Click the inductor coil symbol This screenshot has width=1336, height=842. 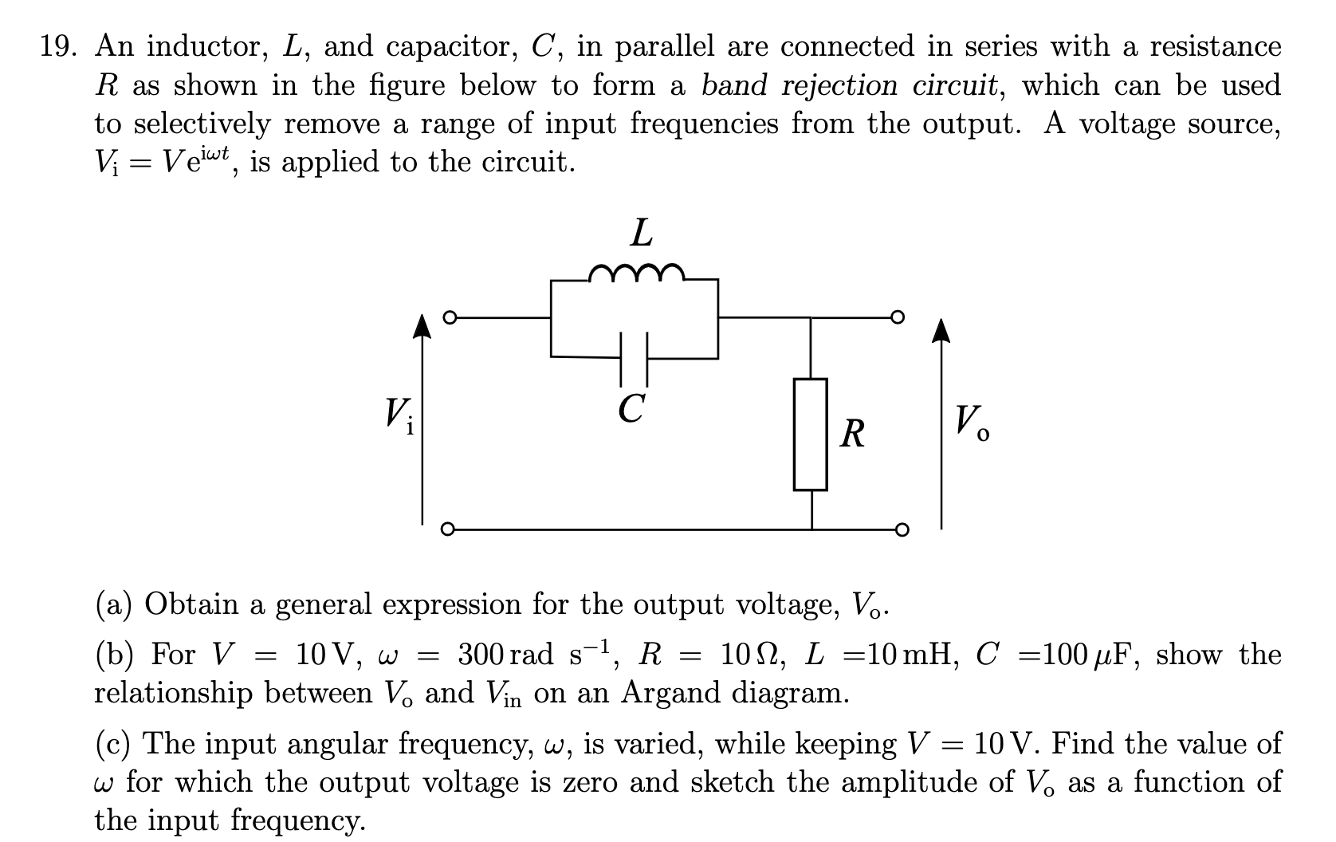click(635, 273)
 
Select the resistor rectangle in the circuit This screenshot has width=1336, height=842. click(810, 434)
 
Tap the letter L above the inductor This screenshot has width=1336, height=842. click(641, 234)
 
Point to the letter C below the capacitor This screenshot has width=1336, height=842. click(631, 410)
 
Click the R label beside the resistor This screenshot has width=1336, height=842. click(852, 435)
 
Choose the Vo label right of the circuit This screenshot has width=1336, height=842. click(973, 422)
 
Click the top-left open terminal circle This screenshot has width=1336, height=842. click(449, 318)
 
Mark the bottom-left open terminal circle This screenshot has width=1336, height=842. click(449, 528)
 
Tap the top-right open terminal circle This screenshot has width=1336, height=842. click(900, 318)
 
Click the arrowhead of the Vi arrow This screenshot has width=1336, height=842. click(422, 327)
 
